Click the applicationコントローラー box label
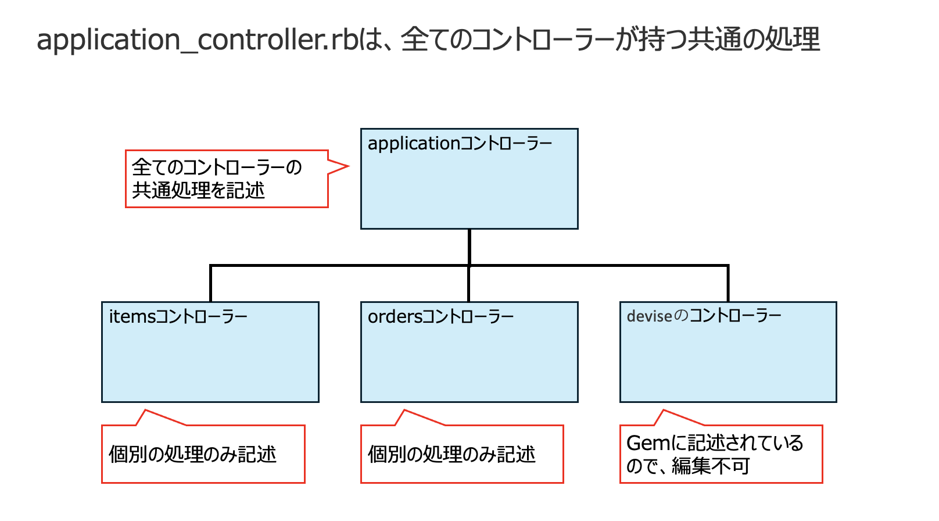460,144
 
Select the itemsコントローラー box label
178,317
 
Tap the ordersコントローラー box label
440,317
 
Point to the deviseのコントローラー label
704,316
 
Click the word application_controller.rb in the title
198,40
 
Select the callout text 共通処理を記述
198,190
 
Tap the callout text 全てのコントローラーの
217,167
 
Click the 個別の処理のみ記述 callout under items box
192,454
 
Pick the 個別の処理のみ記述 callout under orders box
451,454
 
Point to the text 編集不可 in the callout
711,466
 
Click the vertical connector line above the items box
210,284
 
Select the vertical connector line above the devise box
728,284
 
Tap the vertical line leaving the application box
469,247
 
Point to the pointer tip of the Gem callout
663,411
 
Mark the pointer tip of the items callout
145,411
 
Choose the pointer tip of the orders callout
404,411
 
